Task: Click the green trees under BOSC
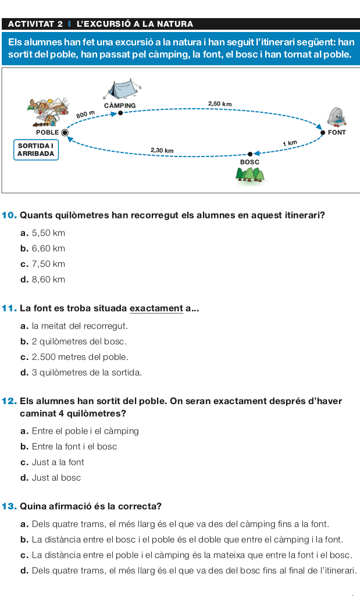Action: pos(249,174)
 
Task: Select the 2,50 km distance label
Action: pos(219,104)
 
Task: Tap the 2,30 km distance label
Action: pos(162,150)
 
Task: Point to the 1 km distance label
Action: pos(289,143)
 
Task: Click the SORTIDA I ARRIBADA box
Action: pos(36,149)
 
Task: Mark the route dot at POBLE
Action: pos(65,133)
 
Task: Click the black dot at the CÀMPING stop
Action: pos(120,113)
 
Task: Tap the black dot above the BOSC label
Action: pos(250,153)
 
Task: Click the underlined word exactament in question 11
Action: pos(156,308)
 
